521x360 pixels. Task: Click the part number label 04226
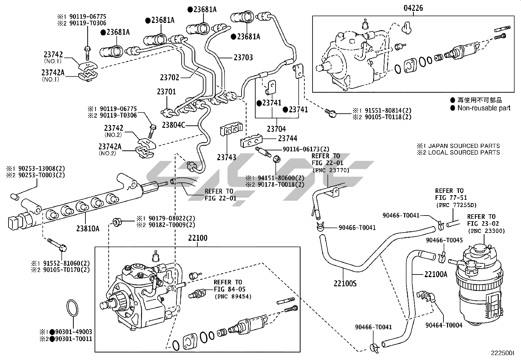click(x=413, y=8)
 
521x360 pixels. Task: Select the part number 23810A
click(x=88, y=229)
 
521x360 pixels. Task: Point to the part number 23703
click(x=243, y=58)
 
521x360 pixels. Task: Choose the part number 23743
click(x=226, y=158)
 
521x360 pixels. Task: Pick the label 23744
click(x=288, y=139)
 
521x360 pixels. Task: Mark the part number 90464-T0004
click(x=444, y=325)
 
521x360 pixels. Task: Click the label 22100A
click(x=436, y=275)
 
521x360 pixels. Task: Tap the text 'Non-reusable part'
click(x=484, y=108)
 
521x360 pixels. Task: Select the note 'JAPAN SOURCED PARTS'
click(x=464, y=146)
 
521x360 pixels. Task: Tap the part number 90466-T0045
click(x=444, y=240)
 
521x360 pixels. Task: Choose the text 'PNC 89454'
click(x=233, y=297)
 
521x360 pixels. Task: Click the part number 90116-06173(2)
click(x=306, y=149)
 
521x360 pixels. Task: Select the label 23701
click(x=166, y=92)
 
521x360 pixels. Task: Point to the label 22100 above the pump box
click(x=197, y=238)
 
